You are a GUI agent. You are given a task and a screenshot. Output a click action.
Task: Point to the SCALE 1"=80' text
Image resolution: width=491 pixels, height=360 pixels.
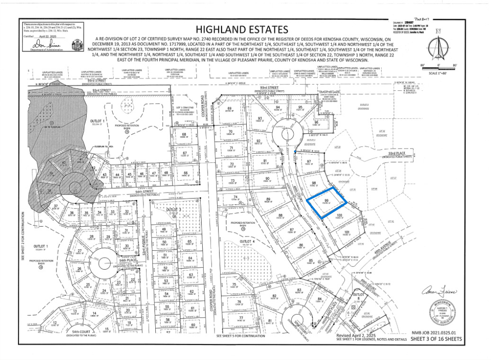pos(438,72)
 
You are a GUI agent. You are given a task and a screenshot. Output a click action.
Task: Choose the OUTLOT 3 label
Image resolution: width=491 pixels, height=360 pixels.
pos(173,209)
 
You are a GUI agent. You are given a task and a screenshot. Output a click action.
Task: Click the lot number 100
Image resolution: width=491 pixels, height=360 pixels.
pos(339,216)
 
